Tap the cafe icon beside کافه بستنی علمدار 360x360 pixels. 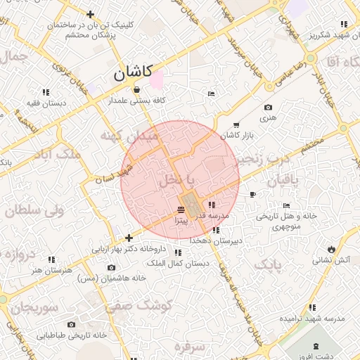pos(136,89)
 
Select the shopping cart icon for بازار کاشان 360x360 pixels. pos(235,124)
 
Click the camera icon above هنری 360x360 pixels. pos(267,107)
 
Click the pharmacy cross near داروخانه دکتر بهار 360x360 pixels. pos(128,238)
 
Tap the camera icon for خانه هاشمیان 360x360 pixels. pos(111,267)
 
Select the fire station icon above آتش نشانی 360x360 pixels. pos(330,249)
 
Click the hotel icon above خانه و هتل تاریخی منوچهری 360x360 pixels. pos(285,205)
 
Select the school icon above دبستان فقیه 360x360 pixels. pos(46,91)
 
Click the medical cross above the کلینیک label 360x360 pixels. pos(90,14)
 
